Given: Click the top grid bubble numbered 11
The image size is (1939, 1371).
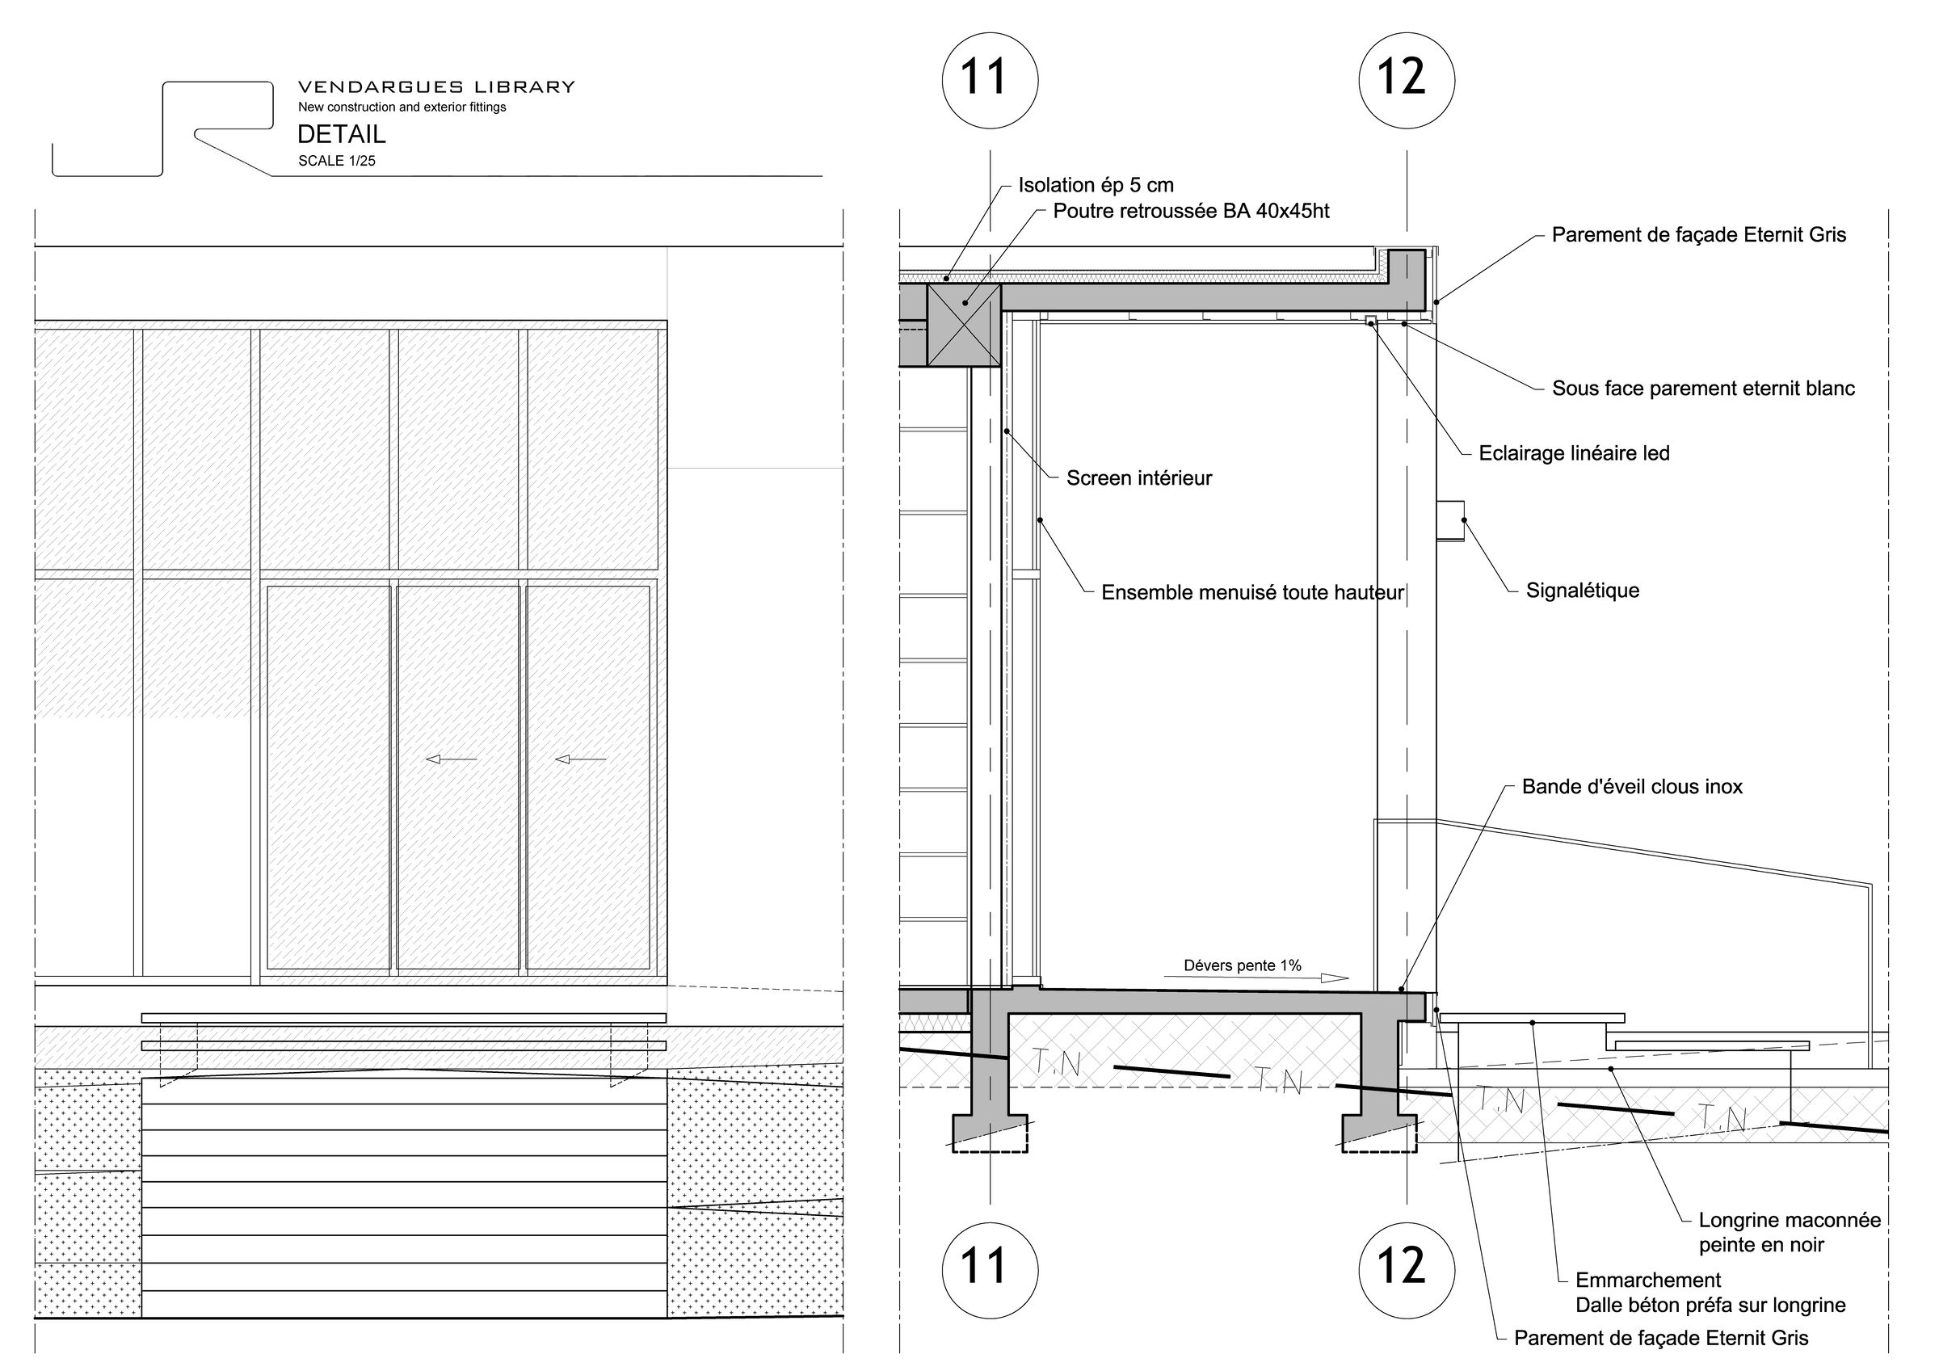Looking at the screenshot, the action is pos(989,81).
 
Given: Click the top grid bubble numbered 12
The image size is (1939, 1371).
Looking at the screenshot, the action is pos(1406,81).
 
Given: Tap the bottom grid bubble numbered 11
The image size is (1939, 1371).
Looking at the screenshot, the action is pos(989,1271).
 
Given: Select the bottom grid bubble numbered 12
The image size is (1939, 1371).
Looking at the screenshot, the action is pos(1406,1271).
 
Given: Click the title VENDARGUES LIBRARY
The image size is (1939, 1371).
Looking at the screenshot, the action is pos(435,86).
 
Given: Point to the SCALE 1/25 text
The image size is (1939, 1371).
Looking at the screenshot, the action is pos(336,161).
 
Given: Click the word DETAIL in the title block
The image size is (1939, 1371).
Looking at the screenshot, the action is pos(341,133).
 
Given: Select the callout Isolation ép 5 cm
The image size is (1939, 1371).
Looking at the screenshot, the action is pos(1096,185).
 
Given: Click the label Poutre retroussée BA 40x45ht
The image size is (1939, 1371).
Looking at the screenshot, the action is pos(1191,211).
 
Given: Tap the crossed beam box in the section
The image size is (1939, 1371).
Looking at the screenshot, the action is pos(964,326).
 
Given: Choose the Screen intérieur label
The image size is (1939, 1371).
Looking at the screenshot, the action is pos(1138,478).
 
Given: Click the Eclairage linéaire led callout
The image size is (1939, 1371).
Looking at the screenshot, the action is pos(1574,453).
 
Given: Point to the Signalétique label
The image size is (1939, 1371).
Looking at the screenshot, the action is pos(1582,591).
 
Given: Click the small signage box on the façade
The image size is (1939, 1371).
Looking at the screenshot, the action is pos(1450,520).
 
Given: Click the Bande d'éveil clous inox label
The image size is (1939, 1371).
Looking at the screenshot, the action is pos(1632,786).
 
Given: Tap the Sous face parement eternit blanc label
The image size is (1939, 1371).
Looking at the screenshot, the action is pos(1703,389).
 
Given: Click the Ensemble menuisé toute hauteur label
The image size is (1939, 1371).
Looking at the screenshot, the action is pos(1252,593).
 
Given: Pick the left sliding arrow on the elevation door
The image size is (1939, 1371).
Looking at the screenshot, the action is pos(451,759).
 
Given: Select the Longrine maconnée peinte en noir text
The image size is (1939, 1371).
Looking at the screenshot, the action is pos(1790,1233).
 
